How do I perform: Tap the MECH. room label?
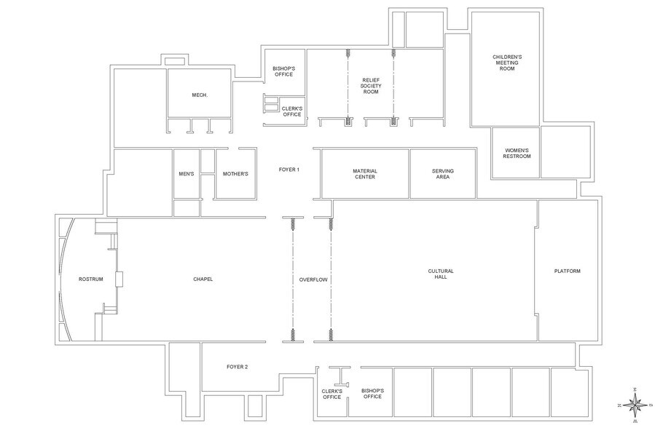[200, 95]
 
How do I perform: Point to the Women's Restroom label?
[516, 154]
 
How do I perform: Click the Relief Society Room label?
[371, 84]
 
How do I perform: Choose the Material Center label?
[365, 173]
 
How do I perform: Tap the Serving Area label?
[443, 173]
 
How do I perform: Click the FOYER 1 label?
[289, 170]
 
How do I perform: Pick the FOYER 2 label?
[238, 367]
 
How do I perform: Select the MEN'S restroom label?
[186, 174]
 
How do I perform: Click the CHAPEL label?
[203, 280]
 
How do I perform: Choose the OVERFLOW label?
[312, 280]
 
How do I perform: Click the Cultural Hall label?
[441, 274]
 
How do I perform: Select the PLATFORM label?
[568, 272]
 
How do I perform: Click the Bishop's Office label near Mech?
[283, 71]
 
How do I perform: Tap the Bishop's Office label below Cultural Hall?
[372, 393]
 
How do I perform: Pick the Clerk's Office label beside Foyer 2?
[332, 393]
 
